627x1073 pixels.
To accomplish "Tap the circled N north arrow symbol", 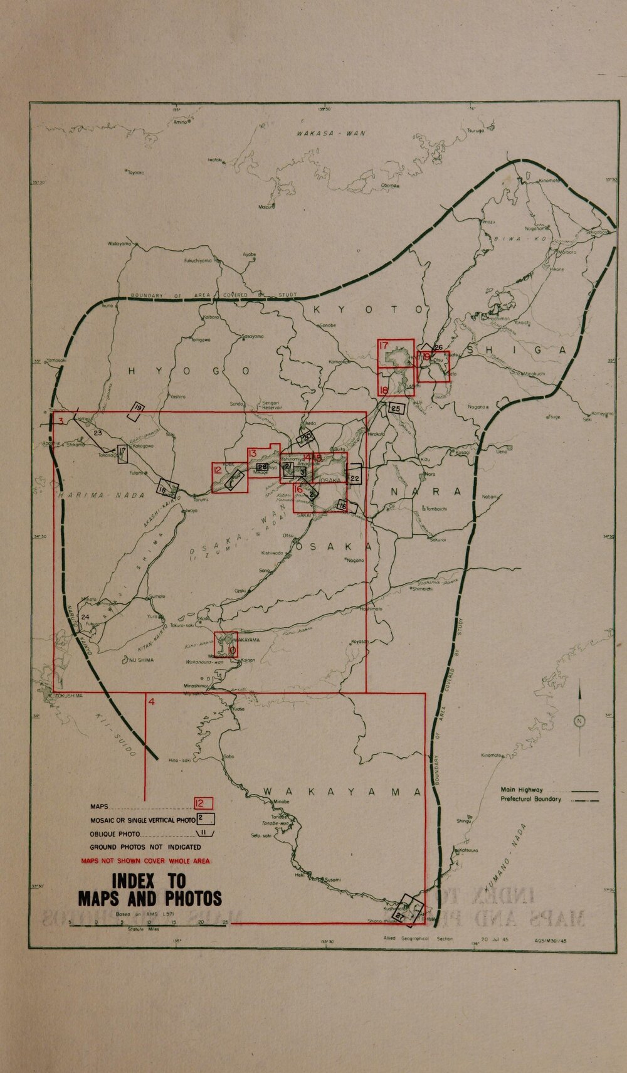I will (579, 721).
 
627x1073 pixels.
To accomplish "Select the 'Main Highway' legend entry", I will (522, 790).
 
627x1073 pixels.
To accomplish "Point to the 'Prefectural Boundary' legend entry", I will (530, 800).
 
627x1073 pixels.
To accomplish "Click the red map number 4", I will (150, 701).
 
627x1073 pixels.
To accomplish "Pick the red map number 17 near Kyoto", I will (384, 346).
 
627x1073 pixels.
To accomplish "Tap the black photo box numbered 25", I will (396, 409).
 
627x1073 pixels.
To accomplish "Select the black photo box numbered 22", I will (354, 479).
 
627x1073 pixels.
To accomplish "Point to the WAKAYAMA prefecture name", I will (342, 793).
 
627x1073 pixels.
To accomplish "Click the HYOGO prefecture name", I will (188, 372).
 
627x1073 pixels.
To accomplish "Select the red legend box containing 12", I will (203, 803).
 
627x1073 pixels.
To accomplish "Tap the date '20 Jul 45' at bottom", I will (484, 939).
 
